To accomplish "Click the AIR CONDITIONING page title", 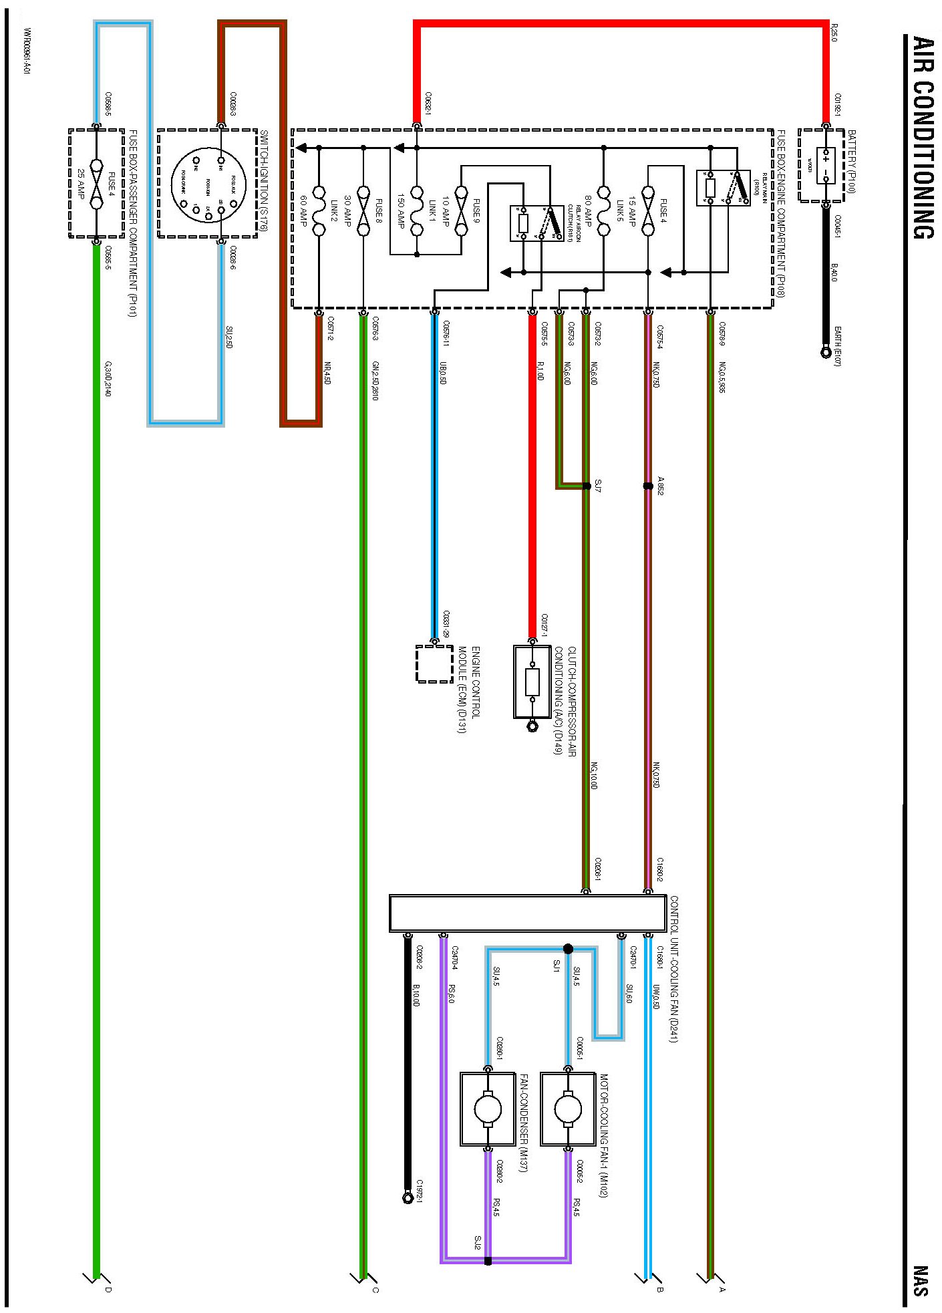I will point(923,137).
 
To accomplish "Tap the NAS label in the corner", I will point(922,1280).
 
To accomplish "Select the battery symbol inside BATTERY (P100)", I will point(826,166).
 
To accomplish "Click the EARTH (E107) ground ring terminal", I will point(826,350).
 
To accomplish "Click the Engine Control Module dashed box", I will point(434,664).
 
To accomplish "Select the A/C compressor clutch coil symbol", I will point(532,682).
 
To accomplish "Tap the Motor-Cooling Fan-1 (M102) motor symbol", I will point(567,1109).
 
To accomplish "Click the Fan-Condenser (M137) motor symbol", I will point(488,1109).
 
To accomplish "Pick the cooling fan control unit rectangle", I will point(528,913).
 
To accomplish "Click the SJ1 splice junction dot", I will point(568,949).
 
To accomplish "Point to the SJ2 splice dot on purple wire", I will point(488,1261).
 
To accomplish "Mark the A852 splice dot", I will point(647,486).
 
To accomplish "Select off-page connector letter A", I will point(722,1289).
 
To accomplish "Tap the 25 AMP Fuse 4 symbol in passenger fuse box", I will point(96,184).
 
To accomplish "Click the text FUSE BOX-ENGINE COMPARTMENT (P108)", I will point(780,214).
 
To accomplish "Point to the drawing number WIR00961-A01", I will point(27,51).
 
